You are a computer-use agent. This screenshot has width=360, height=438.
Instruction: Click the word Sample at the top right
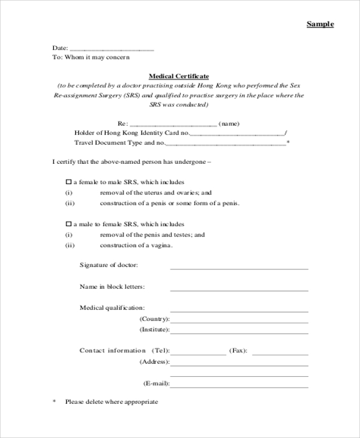click(x=320, y=24)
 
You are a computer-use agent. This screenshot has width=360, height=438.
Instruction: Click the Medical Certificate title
click(x=179, y=76)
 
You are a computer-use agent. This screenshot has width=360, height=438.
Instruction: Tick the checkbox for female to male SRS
click(x=68, y=182)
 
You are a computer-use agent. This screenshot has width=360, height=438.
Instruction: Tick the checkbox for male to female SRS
click(x=68, y=224)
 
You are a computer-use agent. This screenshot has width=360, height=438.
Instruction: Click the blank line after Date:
click(x=112, y=49)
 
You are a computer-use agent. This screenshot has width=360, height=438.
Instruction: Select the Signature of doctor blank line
click(x=239, y=268)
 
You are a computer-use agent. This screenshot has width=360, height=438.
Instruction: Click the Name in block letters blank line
click(x=239, y=290)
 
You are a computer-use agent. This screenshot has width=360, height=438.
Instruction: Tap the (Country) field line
click(x=239, y=322)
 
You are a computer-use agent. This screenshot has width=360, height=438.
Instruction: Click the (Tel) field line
click(x=198, y=353)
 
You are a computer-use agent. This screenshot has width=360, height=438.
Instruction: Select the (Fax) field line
click(x=280, y=353)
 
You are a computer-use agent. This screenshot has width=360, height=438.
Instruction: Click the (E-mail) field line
click(x=239, y=386)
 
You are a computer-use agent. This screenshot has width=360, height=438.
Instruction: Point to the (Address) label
click(x=154, y=362)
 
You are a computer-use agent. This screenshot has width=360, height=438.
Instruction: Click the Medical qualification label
click(x=112, y=308)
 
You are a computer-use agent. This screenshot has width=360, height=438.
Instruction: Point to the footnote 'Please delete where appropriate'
click(x=112, y=402)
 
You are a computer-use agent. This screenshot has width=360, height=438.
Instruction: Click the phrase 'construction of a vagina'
click(x=136, y=245)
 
